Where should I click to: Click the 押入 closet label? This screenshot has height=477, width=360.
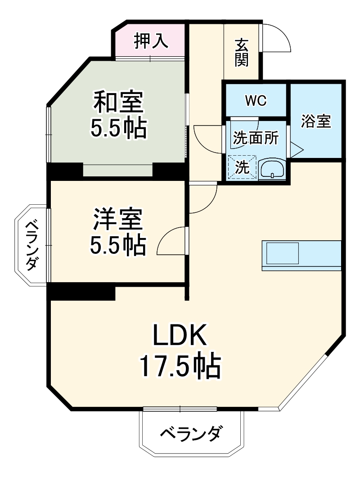tap(151, 41)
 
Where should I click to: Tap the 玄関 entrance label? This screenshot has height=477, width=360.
tap(242, 53)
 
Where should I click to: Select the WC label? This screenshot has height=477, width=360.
tap(256, 101)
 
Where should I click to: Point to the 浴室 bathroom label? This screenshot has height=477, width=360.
tap(316, 121)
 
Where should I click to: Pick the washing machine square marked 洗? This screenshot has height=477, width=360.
tap(242, 167)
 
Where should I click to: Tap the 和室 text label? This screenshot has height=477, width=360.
tap(118, 102)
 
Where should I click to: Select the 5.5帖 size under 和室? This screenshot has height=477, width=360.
tap(118, 129)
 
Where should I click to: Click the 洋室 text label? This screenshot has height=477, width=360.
tap(118, 220)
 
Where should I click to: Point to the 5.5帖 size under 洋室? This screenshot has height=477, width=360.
tap(118, 245)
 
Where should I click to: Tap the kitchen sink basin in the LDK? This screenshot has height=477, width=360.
tap(283, 253)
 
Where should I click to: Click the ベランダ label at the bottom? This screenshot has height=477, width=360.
tap(191, 434)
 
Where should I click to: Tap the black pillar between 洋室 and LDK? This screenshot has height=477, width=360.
tap(81, 292)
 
